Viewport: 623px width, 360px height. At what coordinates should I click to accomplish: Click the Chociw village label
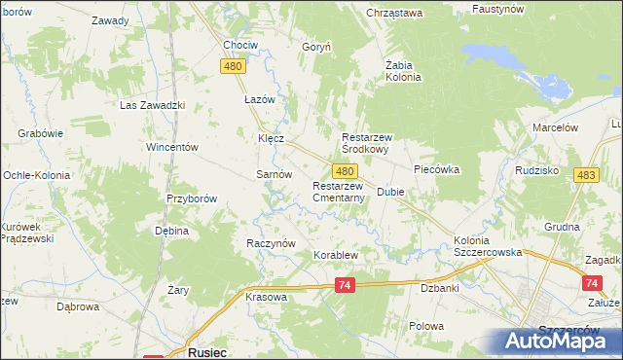[x=240, y=46]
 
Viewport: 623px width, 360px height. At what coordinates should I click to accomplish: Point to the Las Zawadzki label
[x=152, y=105]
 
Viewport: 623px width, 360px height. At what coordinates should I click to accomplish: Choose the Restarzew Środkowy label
[x=379, y=144]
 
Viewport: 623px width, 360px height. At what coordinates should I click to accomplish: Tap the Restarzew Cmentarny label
[x=338, y=192]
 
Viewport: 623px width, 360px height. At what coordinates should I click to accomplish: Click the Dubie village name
[x=390, y=193]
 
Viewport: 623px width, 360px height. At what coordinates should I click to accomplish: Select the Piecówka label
[x=436, y=169]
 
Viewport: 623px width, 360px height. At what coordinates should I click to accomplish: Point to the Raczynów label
[x=271, y=243]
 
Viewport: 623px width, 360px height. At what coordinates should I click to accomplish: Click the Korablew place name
[x=336, y=256]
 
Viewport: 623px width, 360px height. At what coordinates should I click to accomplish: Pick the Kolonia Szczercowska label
[x=485, y=246]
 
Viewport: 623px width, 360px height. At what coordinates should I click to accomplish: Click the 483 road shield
[x=586, y=175]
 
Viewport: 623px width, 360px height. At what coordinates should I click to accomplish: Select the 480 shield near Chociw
[x=232, y=66]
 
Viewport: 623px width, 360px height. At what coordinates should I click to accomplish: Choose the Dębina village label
[x=171, y=232]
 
